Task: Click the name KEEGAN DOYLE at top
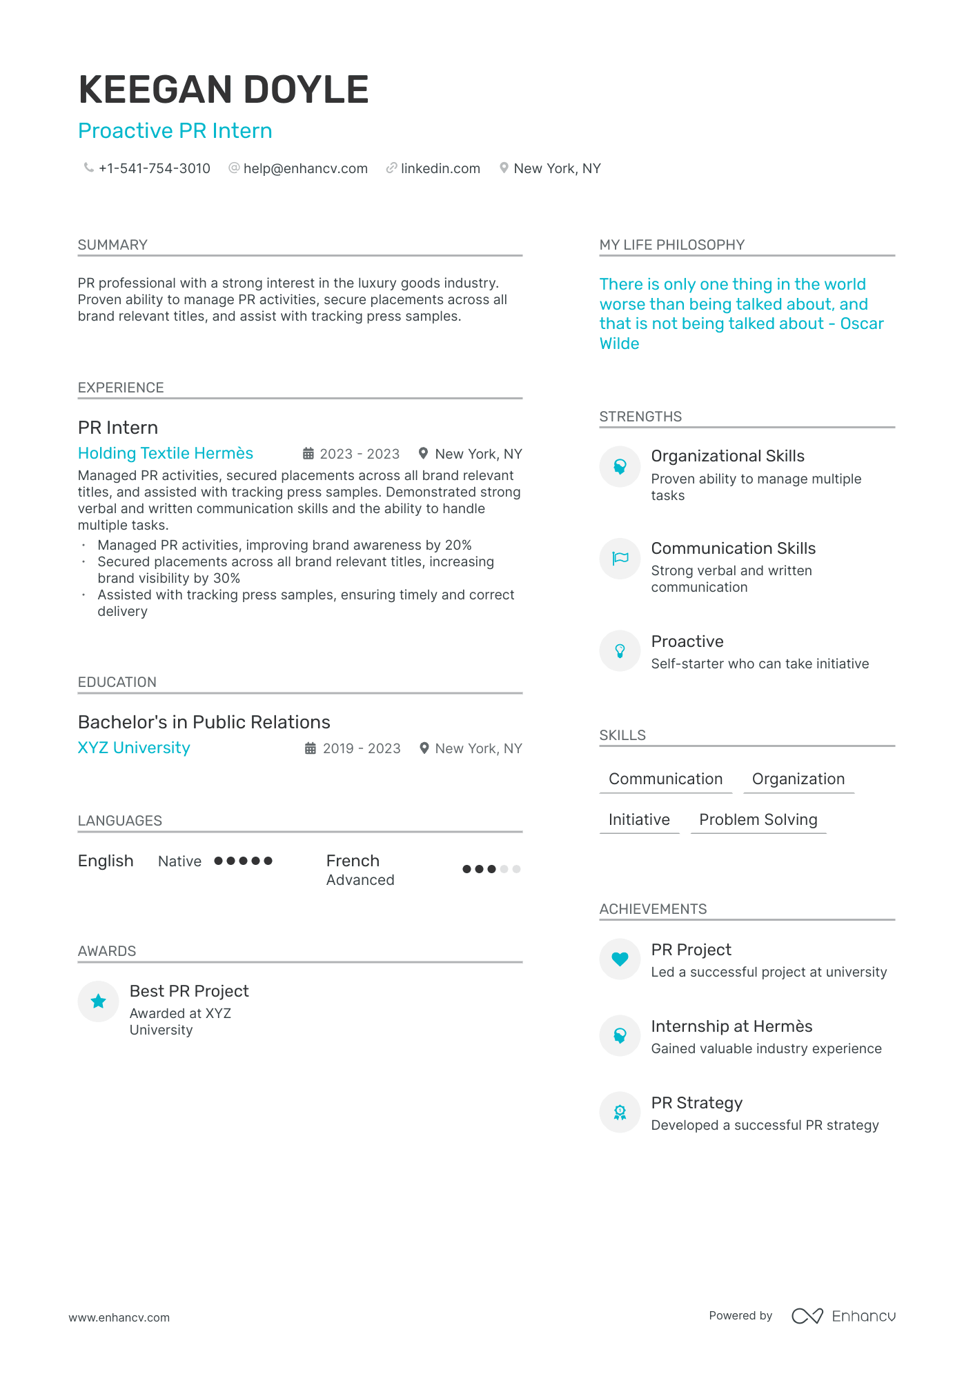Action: (223, 90)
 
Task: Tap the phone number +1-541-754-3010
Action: (154, 168)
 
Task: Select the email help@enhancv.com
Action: (305, 168)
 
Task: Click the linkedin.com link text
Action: (440, 168)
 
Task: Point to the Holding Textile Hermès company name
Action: (166, 453)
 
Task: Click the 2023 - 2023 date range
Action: (360, 454)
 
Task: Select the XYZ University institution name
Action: (134, 748)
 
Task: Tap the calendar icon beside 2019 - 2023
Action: (311, 748)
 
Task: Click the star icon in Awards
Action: (99, 1001)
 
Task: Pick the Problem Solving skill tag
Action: (758, 819)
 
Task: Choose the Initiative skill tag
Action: (639, 819)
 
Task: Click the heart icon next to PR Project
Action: (620, 959)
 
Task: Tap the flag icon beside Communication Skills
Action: (620, 558)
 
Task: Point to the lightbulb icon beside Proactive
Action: (620, 650)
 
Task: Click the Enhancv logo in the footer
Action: (843, 1316)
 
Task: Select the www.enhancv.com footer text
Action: (119, 1317)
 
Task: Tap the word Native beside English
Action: (179, 861)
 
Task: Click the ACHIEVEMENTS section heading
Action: (653, 909)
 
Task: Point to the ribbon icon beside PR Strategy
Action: (620, 1112)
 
